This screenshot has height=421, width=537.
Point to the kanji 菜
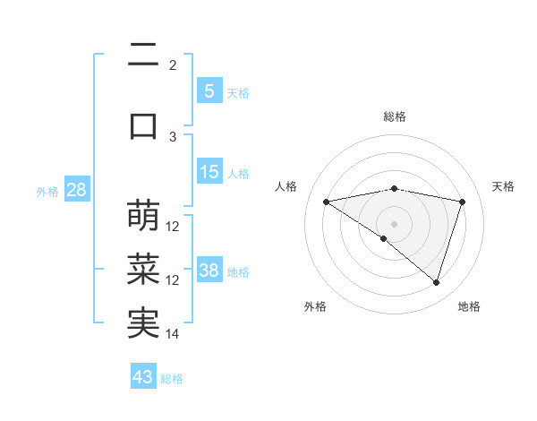coord(143,270)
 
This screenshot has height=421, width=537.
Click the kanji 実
coord(143,323)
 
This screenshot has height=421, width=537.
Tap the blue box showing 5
coord(209,90)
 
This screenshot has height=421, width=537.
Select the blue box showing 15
coord(209,172)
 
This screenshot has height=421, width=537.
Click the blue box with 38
coord(209,271)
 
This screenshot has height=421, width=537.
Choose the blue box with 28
coord(76,191)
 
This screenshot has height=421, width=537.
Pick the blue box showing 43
coord(143,377)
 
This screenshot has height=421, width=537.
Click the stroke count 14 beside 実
coord(173,334)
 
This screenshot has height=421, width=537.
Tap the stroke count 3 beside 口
coord(174,136)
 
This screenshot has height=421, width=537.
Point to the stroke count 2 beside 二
coord(173,64)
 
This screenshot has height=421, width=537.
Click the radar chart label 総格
coord(395,116)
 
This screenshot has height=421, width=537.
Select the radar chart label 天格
coord(504,186)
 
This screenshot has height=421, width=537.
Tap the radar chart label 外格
coord(315,307)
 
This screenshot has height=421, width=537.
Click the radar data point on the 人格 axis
coord(327,202)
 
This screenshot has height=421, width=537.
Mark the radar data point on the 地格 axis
coord(436,283)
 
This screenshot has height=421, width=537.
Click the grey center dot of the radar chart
coord(394,222)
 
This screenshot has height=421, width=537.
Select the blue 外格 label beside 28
coord(47,192)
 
